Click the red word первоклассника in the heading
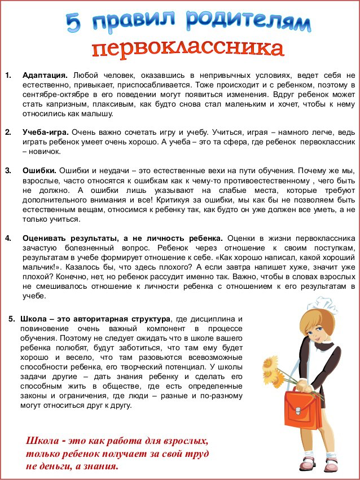point(187,49)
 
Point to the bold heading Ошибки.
point(39,170)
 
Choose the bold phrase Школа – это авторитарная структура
point(94,319)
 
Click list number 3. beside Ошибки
point(8,170)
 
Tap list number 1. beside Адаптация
point(8,75)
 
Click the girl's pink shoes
point(316,464)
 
